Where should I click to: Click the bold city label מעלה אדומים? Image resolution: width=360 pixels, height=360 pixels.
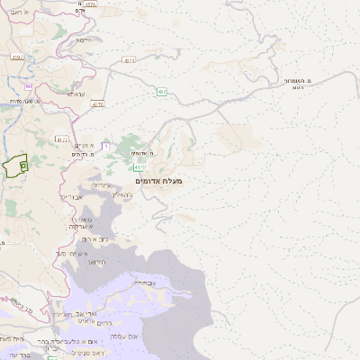[158, 181]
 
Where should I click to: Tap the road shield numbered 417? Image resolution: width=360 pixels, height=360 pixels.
[138, 167]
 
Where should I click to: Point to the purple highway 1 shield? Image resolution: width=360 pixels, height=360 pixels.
[105, 145]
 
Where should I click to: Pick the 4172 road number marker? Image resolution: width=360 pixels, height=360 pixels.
[61, 139]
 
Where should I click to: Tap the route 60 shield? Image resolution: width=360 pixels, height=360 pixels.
[29, 85]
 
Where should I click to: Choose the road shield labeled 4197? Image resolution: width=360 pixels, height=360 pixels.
[17, 57]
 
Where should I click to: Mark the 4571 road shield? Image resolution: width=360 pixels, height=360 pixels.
[129, 60]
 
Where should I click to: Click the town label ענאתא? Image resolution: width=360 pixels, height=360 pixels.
[76, 94]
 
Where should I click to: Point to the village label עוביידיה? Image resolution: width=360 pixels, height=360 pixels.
[145, 282]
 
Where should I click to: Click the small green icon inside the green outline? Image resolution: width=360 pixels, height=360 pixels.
[22, 166]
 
